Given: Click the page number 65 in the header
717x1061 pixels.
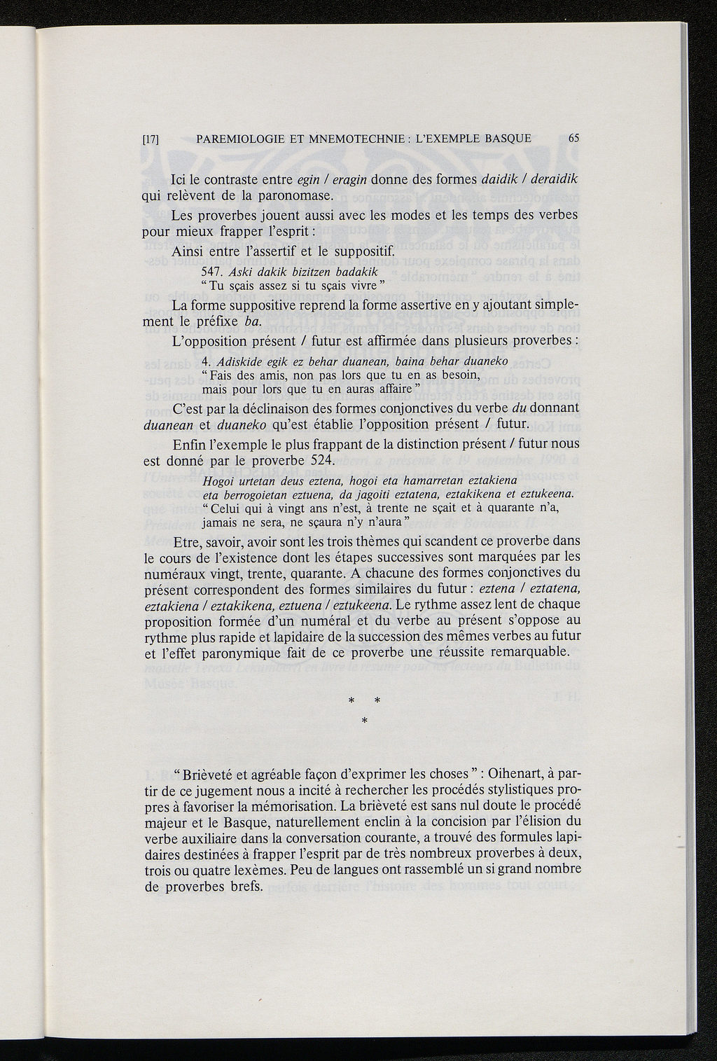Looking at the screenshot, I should (x=573, y=138).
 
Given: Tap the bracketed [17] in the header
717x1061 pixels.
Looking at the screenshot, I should (x=151, y=139).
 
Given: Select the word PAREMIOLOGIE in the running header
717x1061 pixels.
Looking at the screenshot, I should (x=237, y=138).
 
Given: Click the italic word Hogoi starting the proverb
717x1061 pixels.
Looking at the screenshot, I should (x=216, y=481).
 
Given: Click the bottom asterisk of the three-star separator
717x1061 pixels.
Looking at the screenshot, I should (x=363, y=721).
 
